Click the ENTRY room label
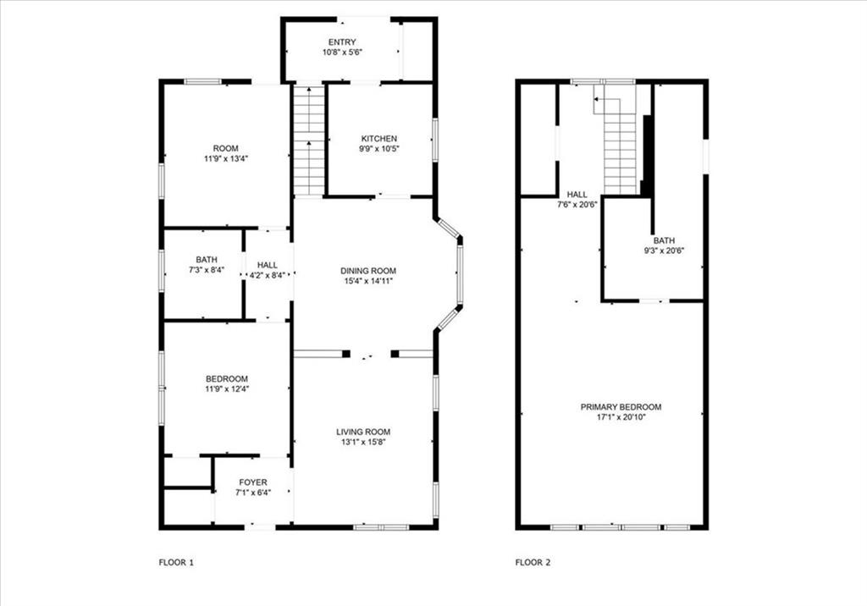342,42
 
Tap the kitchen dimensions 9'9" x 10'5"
378,148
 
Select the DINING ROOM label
368,271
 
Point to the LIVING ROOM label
363,432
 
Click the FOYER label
253,482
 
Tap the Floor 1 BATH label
207,260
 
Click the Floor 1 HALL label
267,266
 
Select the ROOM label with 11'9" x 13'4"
225,148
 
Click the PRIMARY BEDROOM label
621,407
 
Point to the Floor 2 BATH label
664,240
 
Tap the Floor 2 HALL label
577,195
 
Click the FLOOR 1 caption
176,563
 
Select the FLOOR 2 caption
533,563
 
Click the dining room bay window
454,274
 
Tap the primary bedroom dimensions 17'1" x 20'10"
621,417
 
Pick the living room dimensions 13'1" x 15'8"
363,442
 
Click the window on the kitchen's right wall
435,140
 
